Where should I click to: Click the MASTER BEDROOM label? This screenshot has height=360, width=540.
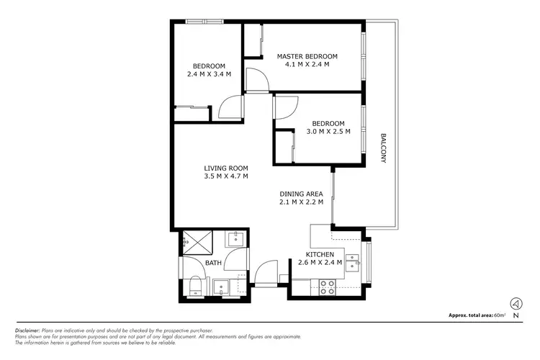point(307,56)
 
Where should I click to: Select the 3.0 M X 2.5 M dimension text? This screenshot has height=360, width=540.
point(328,132)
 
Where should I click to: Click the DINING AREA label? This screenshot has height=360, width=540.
point(301,194)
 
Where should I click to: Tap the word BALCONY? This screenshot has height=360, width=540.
point(384,148)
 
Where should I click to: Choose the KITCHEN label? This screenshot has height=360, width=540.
point(320,254)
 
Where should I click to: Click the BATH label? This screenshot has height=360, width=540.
point(213,264)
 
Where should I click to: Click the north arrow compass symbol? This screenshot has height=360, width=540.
point(516,303)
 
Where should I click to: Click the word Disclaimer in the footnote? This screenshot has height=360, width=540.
point(27,330)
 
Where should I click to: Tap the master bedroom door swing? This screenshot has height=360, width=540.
point(256,78)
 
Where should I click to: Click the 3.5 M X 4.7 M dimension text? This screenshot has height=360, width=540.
point(225,176)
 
